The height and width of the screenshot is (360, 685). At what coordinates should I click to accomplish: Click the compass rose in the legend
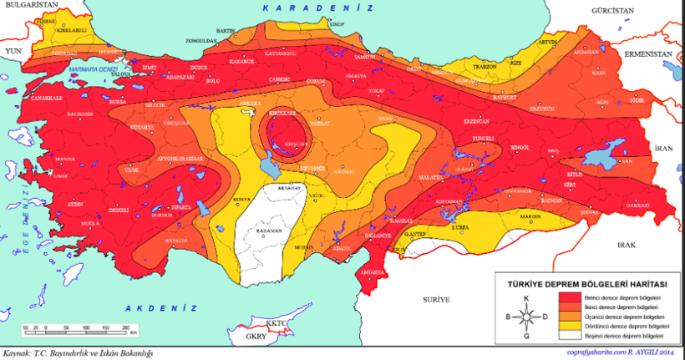point(525,317)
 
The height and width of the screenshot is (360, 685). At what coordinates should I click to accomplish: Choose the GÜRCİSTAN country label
point(590,12)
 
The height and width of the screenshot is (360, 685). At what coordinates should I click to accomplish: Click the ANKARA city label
point(249,104)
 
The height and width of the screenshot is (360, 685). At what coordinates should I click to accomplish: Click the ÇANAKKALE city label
point(48,98)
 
